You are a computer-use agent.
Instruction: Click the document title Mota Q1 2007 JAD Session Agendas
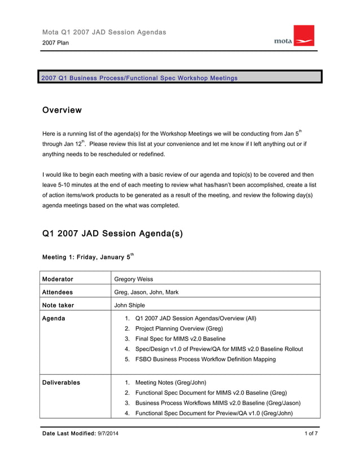104,32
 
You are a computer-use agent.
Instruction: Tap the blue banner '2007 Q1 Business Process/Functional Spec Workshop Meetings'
139,77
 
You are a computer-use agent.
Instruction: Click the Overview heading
62,110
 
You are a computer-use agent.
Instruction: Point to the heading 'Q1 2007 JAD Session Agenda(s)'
112,233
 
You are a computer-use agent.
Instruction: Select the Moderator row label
58,279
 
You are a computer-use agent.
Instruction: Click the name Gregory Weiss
134,279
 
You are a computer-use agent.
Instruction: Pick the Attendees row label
58,292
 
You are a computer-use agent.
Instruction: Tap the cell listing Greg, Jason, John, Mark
147,292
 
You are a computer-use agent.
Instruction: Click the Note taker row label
58,305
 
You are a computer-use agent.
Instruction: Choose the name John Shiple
129,305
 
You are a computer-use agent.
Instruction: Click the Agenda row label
54,318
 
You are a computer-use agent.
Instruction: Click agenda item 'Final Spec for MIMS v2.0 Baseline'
180,338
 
